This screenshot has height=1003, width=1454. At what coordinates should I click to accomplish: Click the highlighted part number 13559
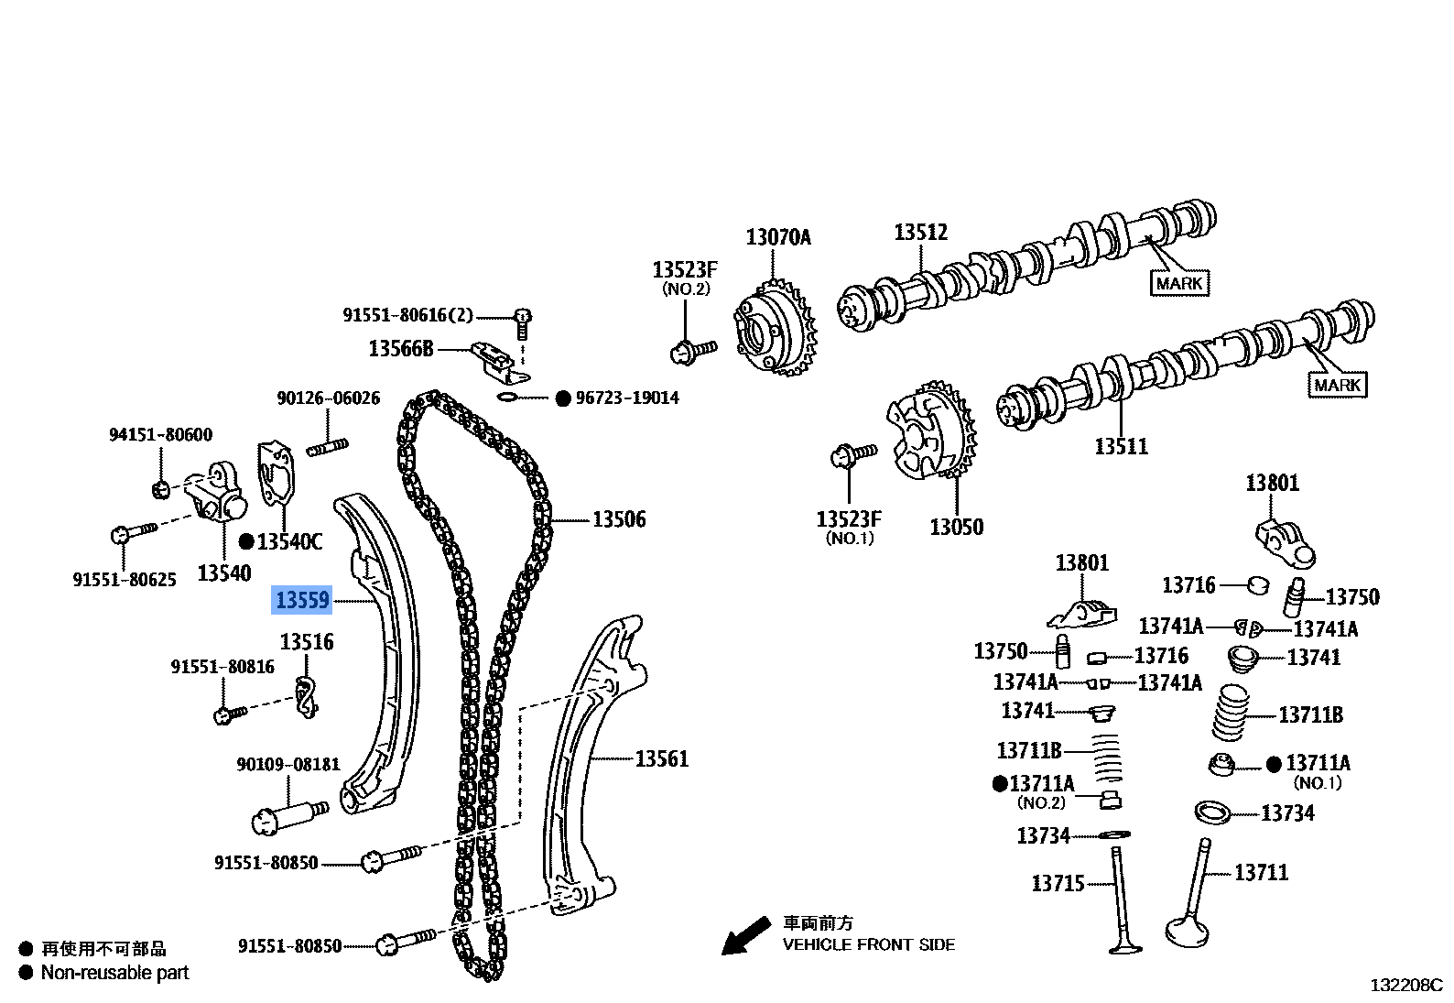click(x=302, y=601)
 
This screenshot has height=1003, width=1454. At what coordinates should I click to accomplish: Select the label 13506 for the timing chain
click(x=619, y=520)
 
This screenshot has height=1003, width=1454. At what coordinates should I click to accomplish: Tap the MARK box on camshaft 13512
click(x=1178, y=284)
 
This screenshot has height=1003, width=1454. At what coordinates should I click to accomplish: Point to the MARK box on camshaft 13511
click(x=1337, y=386)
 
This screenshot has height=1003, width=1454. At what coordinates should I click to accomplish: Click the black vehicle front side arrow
click(x=744, y=936)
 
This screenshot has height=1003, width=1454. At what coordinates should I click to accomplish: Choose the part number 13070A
click(x=778, y=238)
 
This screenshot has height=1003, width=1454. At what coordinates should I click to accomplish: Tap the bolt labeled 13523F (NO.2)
click(x=693, y=350)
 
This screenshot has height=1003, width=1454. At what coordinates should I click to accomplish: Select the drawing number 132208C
click(x=1405, y=987)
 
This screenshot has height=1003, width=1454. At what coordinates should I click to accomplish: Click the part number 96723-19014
click(x=627, y=398)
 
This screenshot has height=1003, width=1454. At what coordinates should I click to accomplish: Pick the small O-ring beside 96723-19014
click(x=508, y=397)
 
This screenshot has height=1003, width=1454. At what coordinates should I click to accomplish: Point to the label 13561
click(x=661, y=759)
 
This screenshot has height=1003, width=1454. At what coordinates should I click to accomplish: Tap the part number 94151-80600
click(x=160, y=435)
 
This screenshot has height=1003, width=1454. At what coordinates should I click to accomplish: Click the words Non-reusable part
click(x=114, y=974)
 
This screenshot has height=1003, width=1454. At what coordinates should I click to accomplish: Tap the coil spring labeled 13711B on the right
click(x=1231, y=713)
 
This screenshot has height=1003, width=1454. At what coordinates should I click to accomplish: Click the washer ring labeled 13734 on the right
click(x=1213, y=812)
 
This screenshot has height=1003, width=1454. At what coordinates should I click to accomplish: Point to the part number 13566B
click(x=401, y=349)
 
